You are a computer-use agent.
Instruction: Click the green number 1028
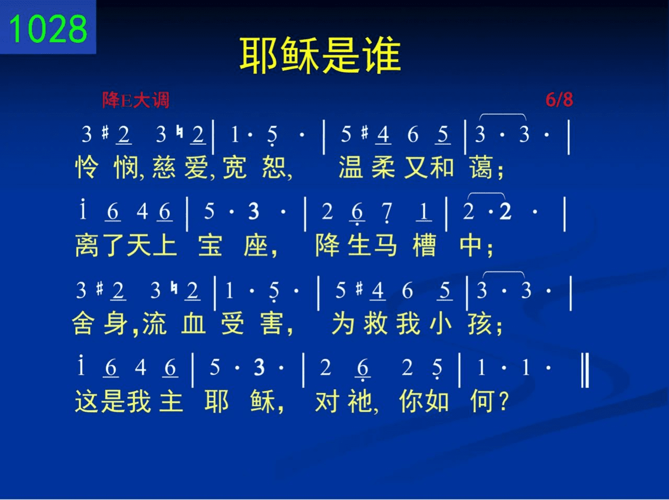pos(48,29)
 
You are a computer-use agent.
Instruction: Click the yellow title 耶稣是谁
pos(320,56)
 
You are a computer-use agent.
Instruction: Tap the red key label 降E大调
pos(135,100)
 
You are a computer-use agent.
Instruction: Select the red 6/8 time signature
pos(559,100)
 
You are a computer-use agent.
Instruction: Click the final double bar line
pos(585,370)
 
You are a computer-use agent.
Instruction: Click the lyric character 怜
pos(87,167)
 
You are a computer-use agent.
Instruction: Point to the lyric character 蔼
pos(481,167)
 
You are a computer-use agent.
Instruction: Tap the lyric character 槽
pos(424,245)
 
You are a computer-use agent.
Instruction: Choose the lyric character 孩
pos(480,323)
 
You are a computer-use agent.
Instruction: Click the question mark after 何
pos(503,401)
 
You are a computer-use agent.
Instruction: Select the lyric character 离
pos(87,245)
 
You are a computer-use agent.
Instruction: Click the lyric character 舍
pos(83,323)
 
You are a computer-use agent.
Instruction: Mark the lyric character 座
pos(256,245)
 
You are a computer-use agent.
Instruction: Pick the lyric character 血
pos(193,323)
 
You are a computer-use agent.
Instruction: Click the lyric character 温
pos(351,167)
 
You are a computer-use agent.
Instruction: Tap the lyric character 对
pos(327,401)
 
